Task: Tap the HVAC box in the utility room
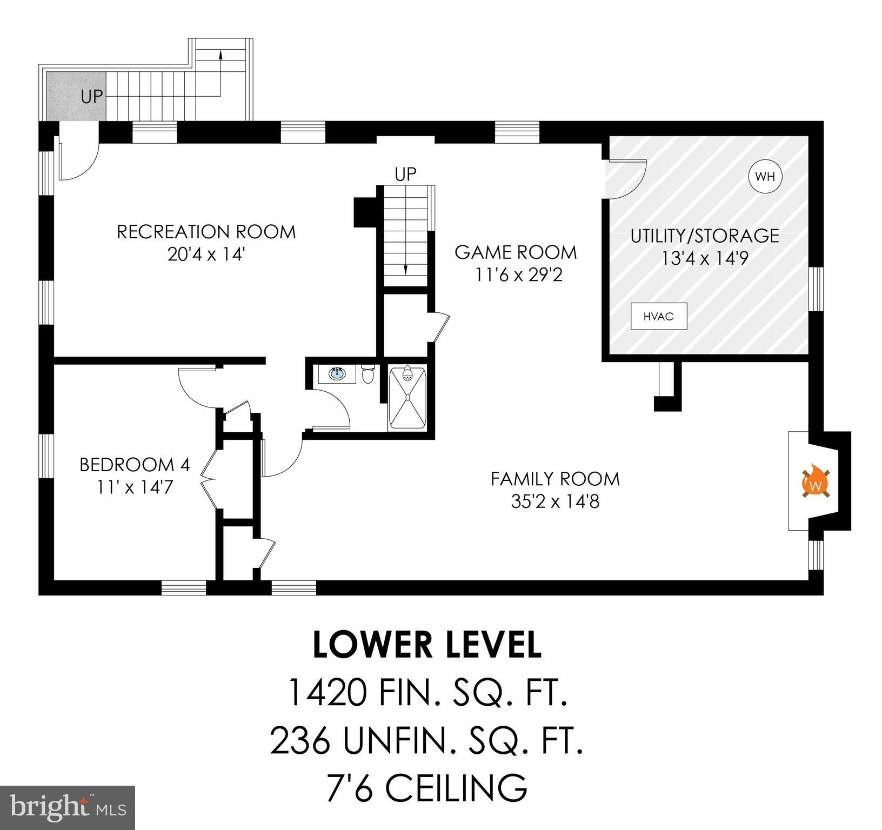tap(659, 316)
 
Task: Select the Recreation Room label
tap(206, 232)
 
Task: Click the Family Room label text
tap(555, 479)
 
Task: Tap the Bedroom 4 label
tap(135, 465)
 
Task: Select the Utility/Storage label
tap(705, 236)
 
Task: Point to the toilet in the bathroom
tap(368, 373)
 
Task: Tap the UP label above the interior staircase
tap(405, 175)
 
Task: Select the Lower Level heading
tap(427, 645)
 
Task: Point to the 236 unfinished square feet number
tap(300, 740)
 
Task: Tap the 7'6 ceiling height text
tap(427, 787)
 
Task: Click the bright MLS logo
tap(67, 807)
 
